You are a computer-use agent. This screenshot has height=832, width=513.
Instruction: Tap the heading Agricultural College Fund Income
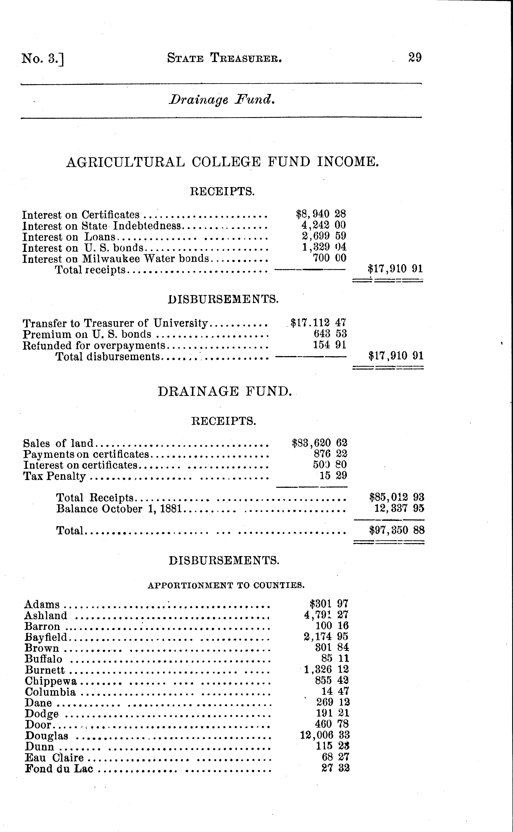pos(222,162)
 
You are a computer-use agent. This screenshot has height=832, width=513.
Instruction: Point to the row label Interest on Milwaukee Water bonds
pos(115,259)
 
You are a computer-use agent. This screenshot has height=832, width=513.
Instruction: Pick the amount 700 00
pos(329,258)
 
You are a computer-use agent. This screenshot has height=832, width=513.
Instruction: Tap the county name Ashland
pos(46,615)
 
